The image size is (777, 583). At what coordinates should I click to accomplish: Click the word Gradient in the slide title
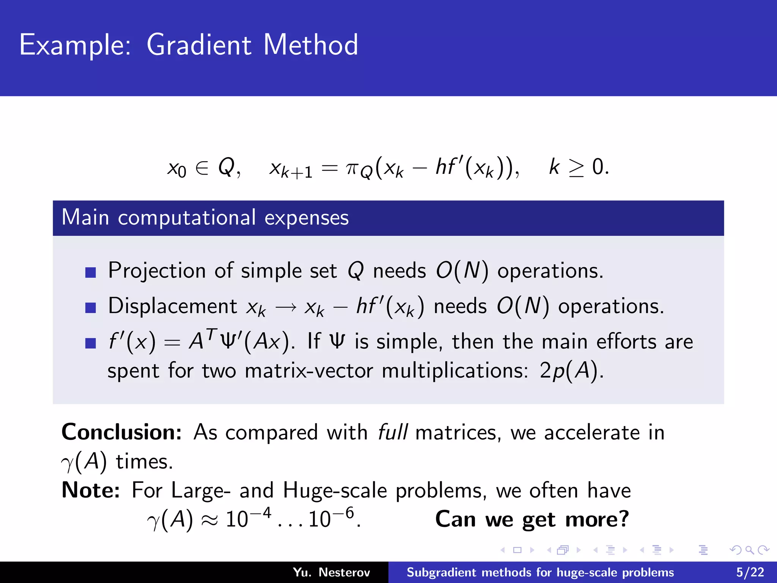[199, 45]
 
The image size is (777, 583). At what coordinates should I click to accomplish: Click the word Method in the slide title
[310, 45]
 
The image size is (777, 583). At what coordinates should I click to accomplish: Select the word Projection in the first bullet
[156, 271]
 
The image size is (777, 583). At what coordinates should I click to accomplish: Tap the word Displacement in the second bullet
[173, 306]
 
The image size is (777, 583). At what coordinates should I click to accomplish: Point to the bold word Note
[91, 490]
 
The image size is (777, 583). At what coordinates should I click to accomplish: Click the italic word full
[393, 432]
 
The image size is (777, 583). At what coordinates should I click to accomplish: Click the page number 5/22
[750, 572]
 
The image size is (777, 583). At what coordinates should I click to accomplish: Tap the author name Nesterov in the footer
[344, 572]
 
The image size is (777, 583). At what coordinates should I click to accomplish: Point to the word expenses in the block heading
[306, 218]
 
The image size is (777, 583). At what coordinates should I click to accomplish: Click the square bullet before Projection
[91, 272]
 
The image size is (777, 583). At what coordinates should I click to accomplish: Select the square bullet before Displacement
[91, 307]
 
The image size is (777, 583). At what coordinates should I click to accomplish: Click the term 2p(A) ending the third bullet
[571, 371]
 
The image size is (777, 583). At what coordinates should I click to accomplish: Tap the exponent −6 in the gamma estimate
[344, 513]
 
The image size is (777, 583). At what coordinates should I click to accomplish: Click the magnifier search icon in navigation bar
[749, 550]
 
